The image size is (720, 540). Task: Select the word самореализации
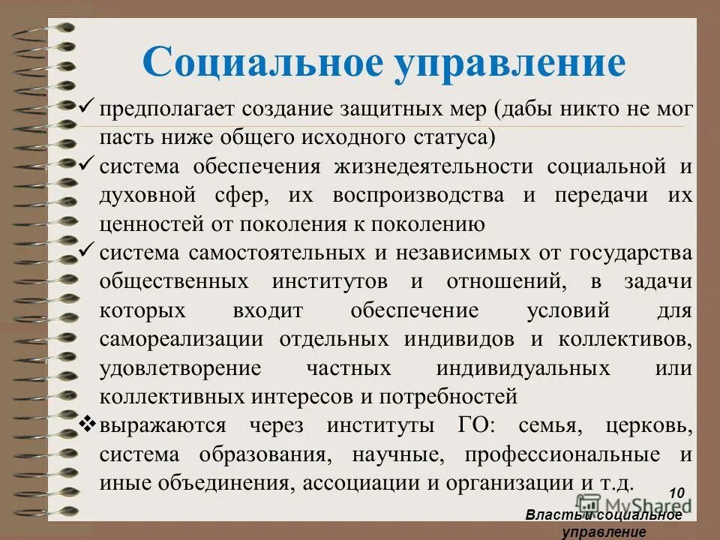point(181,338)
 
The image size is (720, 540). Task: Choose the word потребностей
point(448,395)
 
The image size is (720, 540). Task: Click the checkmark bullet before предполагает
point(87,106)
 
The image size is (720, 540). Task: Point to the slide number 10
point(676,493)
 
